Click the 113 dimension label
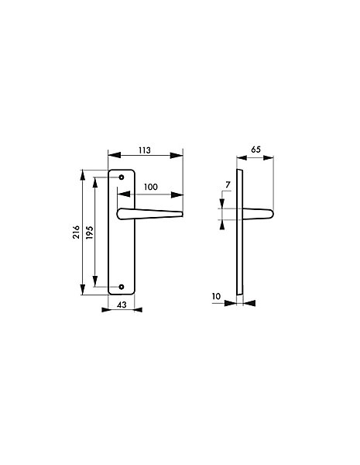pos(145,150)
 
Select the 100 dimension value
pos(151,187)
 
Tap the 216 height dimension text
pos(77,232)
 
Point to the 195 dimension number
pos(90,232)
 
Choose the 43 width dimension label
pos(122,305)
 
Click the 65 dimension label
pos(255,150)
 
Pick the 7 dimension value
pos(228,184)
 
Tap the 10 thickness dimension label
pos(216,296)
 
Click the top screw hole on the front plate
pos(122,177)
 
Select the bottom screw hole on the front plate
pos(122,287)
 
